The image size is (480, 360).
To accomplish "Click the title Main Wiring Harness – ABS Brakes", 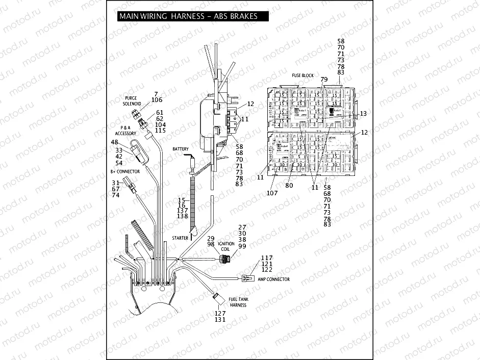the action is pos(188,16).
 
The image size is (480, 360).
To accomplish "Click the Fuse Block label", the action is pos(302,75).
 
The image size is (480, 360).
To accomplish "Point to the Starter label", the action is pos(180,238).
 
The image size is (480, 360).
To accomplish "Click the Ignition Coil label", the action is pos(226,247).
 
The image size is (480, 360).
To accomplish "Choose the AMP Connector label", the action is pos(274,279).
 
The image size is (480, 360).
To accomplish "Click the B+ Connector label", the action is pos(124,172).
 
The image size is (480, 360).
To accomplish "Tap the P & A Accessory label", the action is pos(128,131).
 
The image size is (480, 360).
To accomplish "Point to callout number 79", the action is pos(323,80).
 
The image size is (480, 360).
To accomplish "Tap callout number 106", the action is pos(157,100).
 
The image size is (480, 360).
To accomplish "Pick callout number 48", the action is pos(115,142).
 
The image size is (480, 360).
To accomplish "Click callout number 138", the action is pos(183,217).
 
